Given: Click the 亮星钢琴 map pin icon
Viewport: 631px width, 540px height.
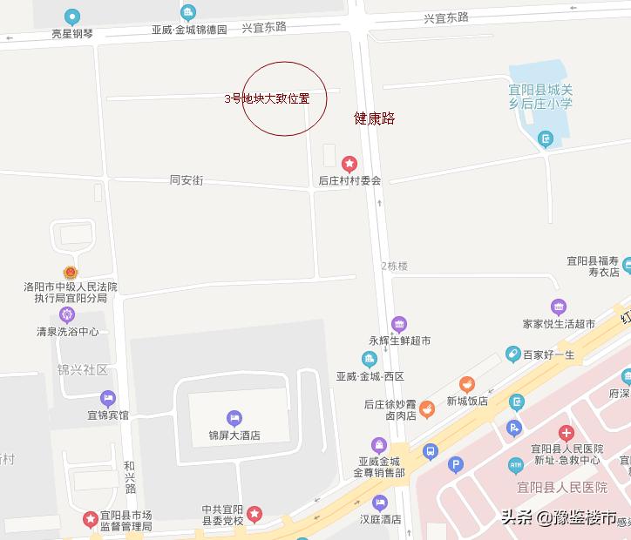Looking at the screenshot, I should [71, 17].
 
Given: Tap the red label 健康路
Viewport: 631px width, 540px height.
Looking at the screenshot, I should [375, 118].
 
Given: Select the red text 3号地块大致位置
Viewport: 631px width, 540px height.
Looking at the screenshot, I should [268, 98].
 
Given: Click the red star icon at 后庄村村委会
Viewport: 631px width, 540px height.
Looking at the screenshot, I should [349, 163].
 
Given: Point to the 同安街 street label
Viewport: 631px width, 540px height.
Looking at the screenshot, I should [187, 180].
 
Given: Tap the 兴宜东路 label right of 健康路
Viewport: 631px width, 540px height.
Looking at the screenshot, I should [446, 17].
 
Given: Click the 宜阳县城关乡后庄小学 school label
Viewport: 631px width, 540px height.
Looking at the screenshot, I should [540, 97].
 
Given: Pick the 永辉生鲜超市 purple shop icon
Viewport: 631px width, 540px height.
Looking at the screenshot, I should [399, 325].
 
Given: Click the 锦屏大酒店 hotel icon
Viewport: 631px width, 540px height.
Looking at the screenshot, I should [234, 418].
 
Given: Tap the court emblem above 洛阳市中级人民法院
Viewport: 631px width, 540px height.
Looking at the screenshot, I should [70, 272].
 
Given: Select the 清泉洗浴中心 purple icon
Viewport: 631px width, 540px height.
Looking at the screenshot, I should [67, 314].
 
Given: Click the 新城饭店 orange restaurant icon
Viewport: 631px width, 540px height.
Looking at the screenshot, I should [468, 384].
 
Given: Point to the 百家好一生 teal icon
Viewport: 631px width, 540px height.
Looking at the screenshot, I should [513, 354].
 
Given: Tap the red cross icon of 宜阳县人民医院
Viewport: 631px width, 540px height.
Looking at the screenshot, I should [567, 433].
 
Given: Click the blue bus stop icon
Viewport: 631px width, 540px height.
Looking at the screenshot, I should [430, 451].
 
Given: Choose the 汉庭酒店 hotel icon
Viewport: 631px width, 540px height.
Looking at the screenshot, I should [379, 503].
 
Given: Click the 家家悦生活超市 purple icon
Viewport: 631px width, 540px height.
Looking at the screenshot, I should [559, 307].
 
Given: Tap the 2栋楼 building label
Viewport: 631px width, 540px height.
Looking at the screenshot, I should [394, 266].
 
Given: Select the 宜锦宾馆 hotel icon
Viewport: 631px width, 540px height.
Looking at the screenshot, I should [108, 398].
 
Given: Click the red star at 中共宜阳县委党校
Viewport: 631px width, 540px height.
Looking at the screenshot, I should [254, 514].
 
